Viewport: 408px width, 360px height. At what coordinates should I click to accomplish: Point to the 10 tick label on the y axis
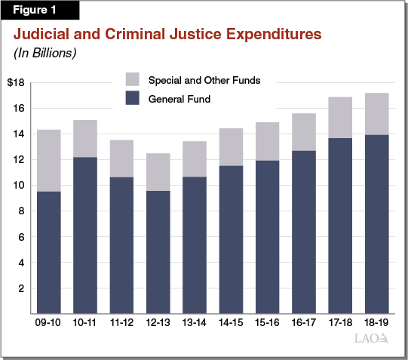tap(19, 186)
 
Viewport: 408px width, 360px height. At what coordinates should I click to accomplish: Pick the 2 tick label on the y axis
tap(21, 288)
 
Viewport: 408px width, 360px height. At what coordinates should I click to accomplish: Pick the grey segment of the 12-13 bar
tap(158, 172)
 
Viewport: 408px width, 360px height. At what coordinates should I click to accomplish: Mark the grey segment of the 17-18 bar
tap(341, 118)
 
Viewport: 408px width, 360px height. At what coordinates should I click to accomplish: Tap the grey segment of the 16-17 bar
tap(305, 132)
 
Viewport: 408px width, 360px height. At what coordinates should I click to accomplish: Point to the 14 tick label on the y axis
tap(19, 134)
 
